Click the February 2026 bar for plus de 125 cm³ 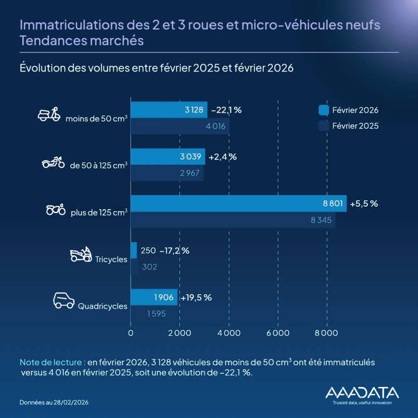pos(238,203)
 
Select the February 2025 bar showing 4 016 pos(180,126)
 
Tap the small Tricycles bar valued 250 pos(133,250)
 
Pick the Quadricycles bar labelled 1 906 pos(153,297)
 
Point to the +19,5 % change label pos(196,298)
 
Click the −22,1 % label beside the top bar pos(227,110)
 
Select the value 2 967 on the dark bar pos(189,173)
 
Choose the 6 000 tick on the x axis pos(278,333)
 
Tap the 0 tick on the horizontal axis pos(131,333)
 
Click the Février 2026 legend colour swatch pos(324,110)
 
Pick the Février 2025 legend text pos(355,126)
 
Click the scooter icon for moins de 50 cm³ pos(49,115)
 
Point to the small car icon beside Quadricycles pos(64,300)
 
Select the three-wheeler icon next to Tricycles pos(80,254)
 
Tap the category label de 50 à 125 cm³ pos(98,165)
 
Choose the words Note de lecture pos(52,363)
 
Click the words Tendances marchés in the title pos(82,41)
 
